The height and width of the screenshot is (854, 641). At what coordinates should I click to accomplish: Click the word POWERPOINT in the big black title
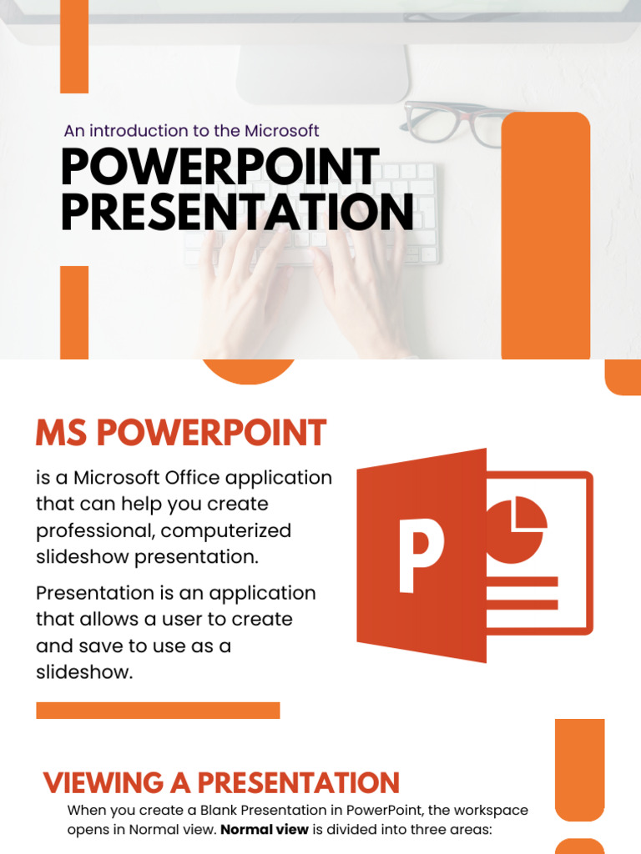pos(220,168)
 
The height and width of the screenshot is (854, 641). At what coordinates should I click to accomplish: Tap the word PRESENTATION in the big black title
pos(237,212)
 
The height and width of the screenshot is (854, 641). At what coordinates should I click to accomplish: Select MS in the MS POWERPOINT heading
pos(61,434)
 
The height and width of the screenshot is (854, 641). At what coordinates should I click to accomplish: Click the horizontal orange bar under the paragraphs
pos(158,711)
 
